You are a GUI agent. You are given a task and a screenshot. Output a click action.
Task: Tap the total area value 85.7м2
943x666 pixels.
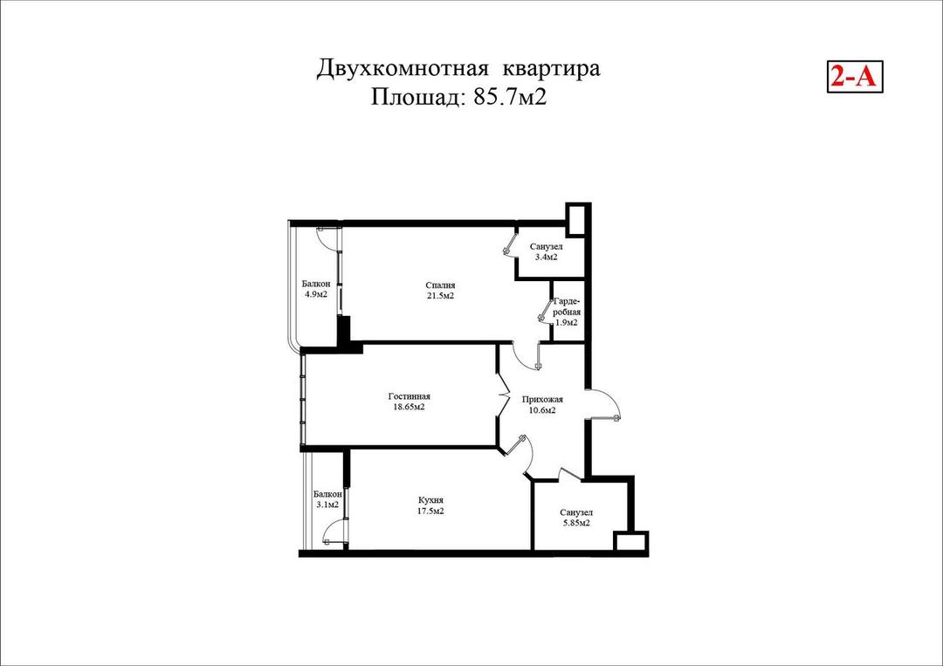click(x=510, y=97)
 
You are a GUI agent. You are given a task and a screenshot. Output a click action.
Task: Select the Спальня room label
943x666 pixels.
click(x=440, y=285)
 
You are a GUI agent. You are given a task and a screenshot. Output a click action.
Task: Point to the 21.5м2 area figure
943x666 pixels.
click(x=440, y=297)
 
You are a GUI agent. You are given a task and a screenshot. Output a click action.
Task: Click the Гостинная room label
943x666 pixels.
click(x=409, y=396)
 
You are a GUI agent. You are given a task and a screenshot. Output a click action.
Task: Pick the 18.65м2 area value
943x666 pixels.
click(x=409, y=408)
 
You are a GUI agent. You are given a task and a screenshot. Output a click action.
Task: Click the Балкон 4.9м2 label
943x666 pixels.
click(x=315, y=289)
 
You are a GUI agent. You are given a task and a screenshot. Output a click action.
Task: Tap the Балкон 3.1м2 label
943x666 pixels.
click(x=327, y=499)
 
